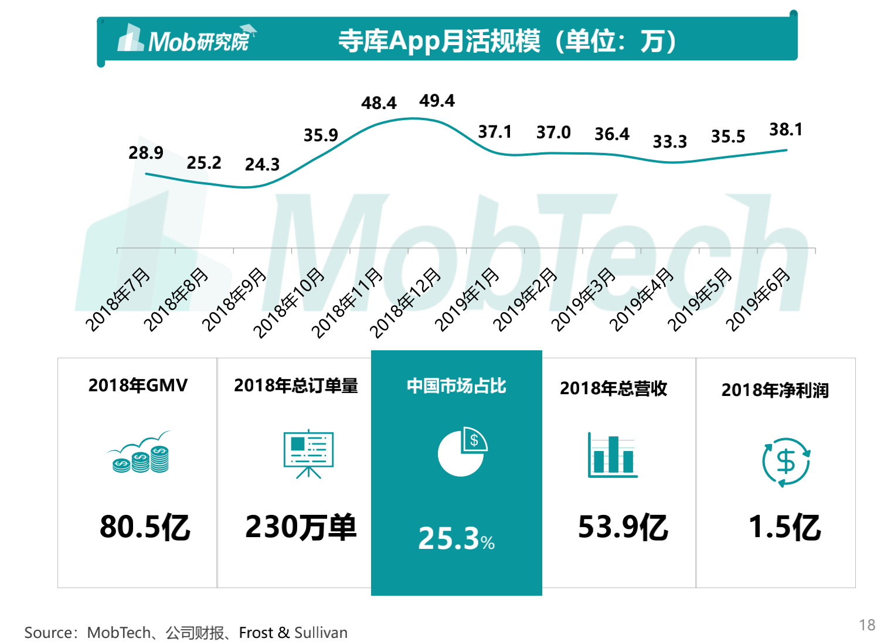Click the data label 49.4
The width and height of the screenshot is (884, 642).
point(437,101)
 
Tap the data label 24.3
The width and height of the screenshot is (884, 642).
point(262,165)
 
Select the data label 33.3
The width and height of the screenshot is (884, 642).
point(669,142)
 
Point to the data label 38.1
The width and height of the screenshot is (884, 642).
point(786,129)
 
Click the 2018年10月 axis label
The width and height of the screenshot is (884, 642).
point(289,302)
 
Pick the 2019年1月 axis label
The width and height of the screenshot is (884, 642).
point(467,299)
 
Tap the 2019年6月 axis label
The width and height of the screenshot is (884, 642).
point(759,299)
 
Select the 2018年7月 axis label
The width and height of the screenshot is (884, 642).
point(118,299)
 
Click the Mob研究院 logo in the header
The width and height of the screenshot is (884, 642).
point(186,40)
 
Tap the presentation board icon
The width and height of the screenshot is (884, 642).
point(308,454)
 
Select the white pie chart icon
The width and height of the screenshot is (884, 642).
point(462,452)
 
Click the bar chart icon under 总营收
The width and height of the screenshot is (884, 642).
point(613,456)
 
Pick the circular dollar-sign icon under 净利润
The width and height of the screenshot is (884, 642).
point(786,462)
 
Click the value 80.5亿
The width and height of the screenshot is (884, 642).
point(145,527)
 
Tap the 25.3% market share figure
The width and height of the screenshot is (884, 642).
point(456,538)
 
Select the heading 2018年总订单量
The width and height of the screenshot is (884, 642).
point(296,385)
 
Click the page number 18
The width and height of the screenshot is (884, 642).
point(867,624)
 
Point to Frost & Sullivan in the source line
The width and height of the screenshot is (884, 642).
point(293,633)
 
